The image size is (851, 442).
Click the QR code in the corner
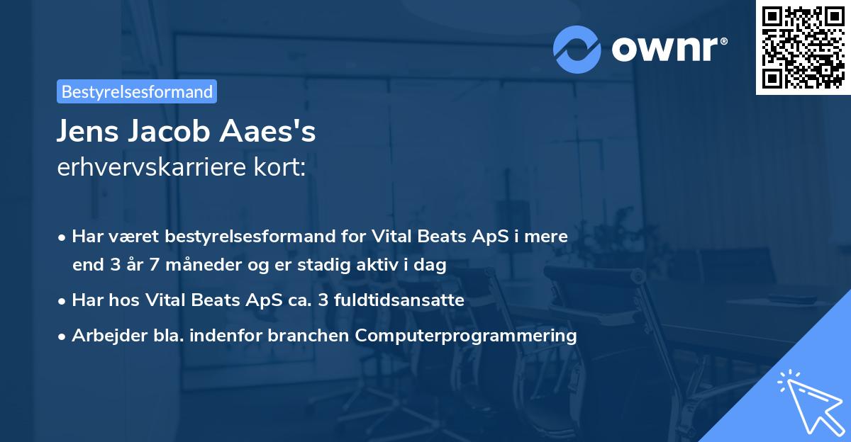pyautogui.click(x=803, y=47)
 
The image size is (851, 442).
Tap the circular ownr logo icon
pyautogui.click(x=577, y=49)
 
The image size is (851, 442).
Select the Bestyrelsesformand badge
pyautogui.click(x=137, y=91)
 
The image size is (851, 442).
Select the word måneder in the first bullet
pyautogui.click(x=181, y=266)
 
